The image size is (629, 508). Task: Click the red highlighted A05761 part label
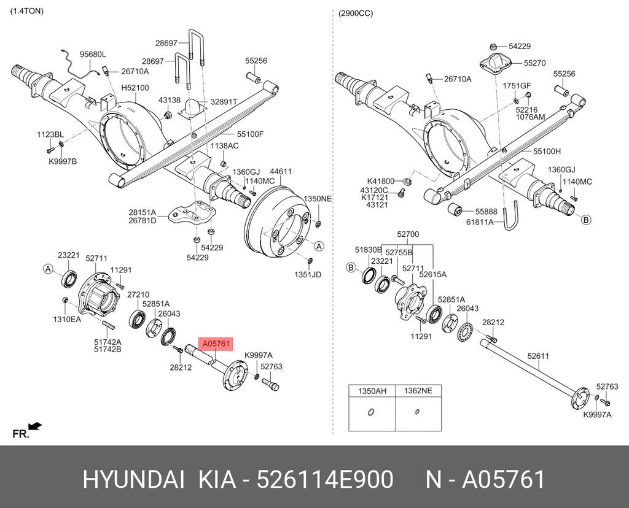pos(215,344)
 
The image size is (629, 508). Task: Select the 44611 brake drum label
pos(281,172)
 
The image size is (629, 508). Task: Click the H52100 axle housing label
pos(135,88)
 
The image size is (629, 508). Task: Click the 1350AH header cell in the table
pos(371,390)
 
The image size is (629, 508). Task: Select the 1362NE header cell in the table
pos(418,390)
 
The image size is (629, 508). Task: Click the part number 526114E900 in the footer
pos(326,480)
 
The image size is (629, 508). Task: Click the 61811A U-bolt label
pos(480,221)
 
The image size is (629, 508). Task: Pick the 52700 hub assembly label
pos(407,234)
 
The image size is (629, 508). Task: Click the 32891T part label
pos(224,102)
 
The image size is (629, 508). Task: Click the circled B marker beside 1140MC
pos(585,220)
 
